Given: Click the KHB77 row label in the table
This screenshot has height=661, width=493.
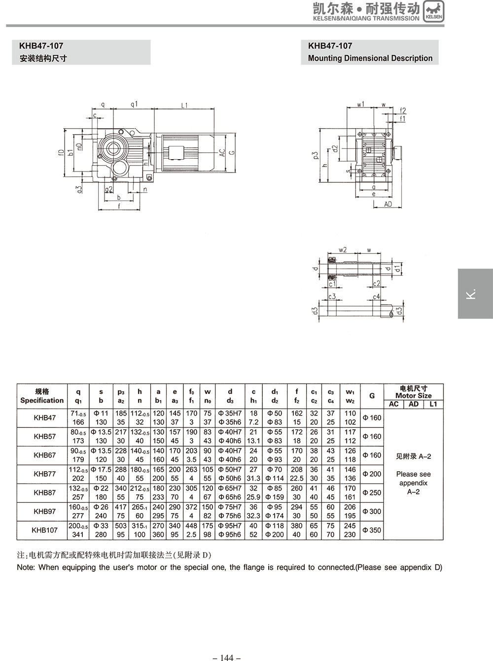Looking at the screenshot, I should click(44, 474).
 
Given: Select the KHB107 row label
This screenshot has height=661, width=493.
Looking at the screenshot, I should click(44, 530).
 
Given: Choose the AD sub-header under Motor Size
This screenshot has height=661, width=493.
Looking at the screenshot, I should click(414, 404).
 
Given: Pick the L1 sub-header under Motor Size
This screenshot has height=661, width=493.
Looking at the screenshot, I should click(433, 404).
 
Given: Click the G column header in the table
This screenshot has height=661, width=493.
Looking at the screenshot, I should click(372, 396).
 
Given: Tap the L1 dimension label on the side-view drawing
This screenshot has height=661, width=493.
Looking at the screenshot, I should click(184, 105).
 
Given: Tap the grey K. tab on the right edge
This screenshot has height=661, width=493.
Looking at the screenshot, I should click(475, 293).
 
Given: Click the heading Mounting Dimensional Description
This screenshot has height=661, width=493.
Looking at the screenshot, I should click(370, 58).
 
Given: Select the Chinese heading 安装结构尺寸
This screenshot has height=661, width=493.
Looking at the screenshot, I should click(43, 59).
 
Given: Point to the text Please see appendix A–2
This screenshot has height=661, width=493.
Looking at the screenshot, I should click(413, 483).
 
